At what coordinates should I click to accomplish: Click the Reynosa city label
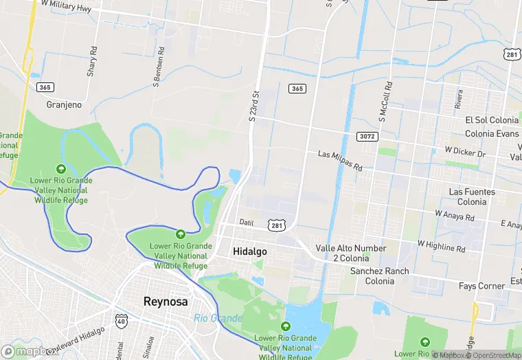click(x=166, y=301)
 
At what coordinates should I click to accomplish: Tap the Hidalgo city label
click(x=250, y=251)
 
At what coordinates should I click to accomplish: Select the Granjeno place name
click(x=64, y=105)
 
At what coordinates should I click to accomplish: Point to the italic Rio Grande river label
click(x=218, y=318)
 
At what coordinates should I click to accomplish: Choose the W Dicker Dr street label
click(x=465, y=150)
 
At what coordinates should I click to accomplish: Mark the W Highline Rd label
click(x=442, y=245)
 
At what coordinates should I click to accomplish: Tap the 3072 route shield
click(x=367, y=137)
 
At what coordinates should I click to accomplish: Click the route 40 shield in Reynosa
click(x=122, y=320)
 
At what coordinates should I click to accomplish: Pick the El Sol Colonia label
click(x=491, y=120)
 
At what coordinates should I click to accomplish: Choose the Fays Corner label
click(x=482, y=285)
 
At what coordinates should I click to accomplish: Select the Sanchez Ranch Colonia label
click(x=379, y=276)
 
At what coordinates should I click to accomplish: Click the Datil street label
click(x=247, y=222)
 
